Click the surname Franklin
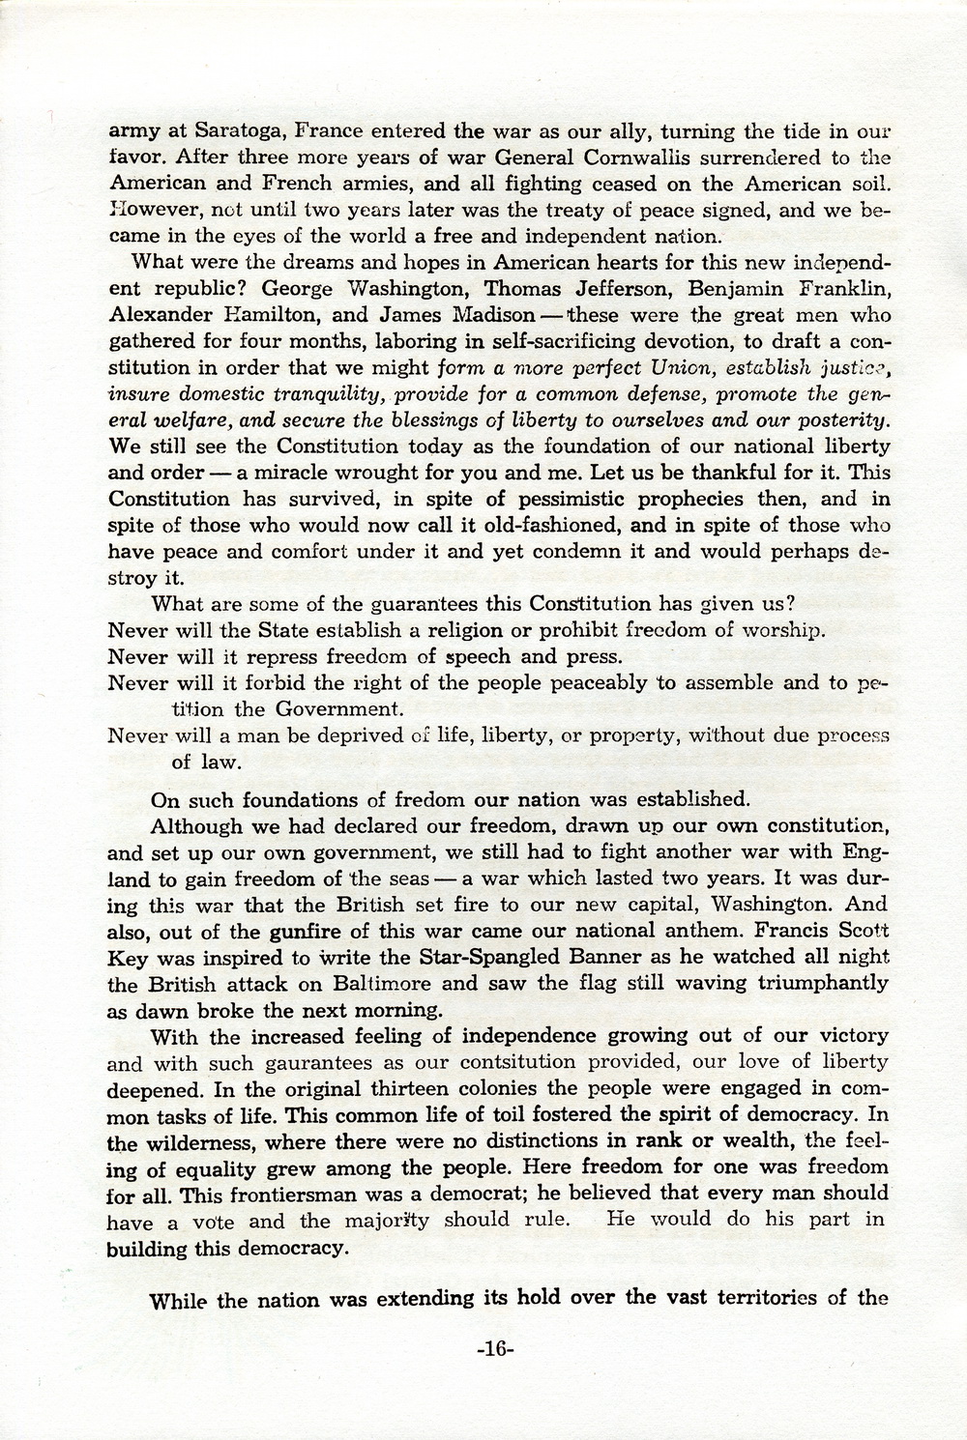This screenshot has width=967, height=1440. pos(843,289)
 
